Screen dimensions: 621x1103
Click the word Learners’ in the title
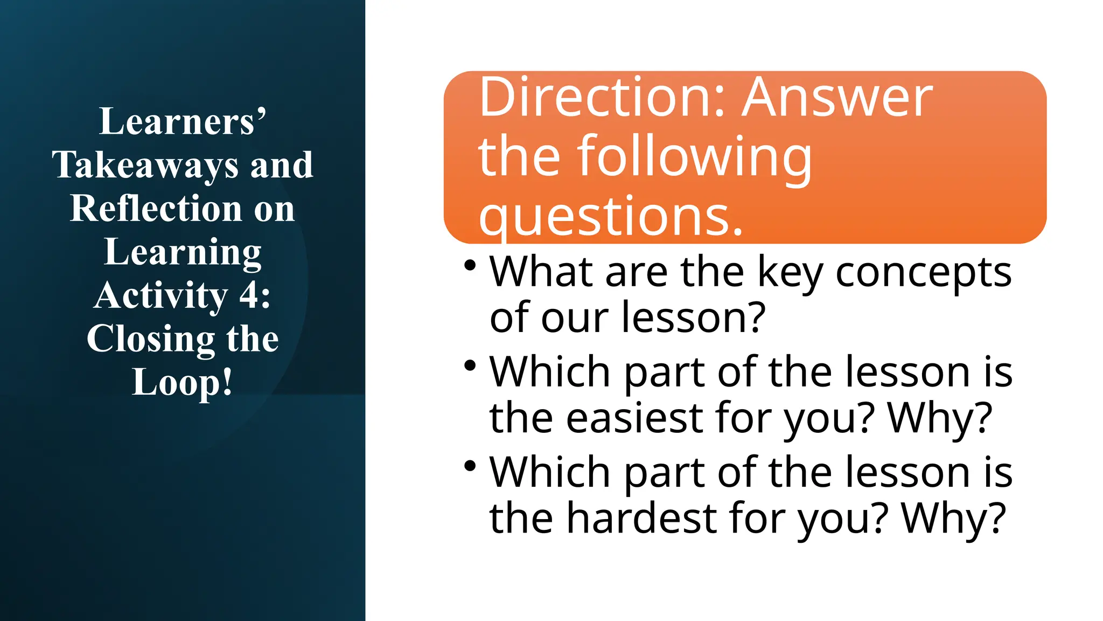click(x=183, y=121)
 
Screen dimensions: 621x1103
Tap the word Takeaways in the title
click(x=145, y=165)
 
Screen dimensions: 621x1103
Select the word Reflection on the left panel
click(x=156, y=209)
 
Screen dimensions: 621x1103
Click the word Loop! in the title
click(x=183, y=382)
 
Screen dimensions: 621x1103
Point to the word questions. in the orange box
click(x=611, y=216)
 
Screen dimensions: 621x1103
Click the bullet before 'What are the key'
click(x=470, y=265)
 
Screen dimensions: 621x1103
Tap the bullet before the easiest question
click(x=470, y=365)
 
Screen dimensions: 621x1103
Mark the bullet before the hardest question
click(x=470, y=465)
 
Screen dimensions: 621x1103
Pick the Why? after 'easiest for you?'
click(x=940, y=418)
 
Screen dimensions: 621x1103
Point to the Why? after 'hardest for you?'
click(x=953, y=517)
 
